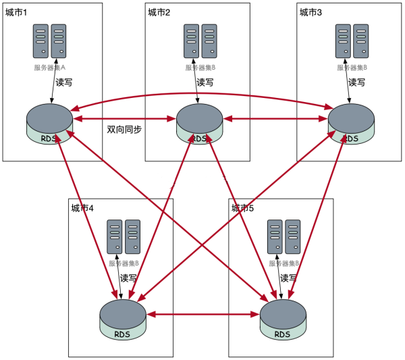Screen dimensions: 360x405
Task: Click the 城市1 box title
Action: (16, 11)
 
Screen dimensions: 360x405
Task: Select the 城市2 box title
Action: (159, 11)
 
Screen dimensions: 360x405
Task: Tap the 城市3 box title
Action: (310, 11)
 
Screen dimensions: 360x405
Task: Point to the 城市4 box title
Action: (82, 207)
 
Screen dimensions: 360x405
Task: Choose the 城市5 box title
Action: (242, 207)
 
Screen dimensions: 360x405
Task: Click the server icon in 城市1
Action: (50, 41)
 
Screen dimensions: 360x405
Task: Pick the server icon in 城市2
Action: (200, 41)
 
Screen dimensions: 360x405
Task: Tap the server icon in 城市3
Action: (352, 41)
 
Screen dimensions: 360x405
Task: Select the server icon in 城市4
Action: (124, 237)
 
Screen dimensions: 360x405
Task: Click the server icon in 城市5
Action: (284, 237)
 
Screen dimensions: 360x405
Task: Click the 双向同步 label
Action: (124, 130)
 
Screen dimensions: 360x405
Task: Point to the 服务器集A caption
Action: (50, 67)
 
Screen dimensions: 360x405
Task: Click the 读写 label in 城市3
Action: (356, 82)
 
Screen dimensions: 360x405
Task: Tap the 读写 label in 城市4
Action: (128, 278)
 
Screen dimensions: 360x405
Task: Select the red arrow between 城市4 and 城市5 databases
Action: (202, 314)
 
